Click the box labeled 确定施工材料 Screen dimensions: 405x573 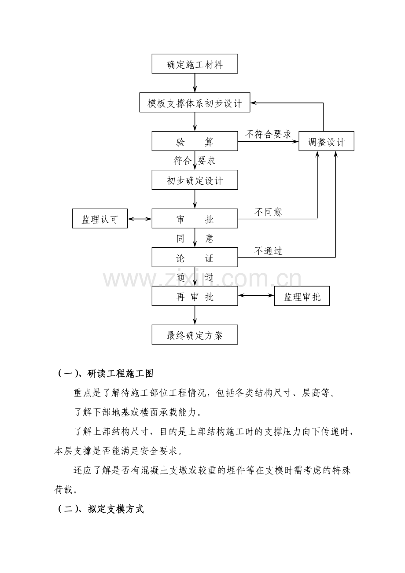(195, 64)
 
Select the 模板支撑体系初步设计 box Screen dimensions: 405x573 (195, 102)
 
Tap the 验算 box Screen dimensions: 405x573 (195, 141)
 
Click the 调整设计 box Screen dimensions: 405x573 (326, 141)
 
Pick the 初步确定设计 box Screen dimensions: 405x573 (195, 180)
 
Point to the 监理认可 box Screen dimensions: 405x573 (100, 219)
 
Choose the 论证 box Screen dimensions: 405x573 (195, 257)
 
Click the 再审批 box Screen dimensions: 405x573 (195, 296)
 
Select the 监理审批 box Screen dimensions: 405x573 (302, 296)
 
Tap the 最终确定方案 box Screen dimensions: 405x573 (195, 335)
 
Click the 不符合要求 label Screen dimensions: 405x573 (268, 134)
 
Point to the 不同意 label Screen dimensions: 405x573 (268, 212)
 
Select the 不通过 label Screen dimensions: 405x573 (268, 251)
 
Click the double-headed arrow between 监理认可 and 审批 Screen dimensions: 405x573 (140, 219)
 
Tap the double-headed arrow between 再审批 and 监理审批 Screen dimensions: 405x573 (256, 295)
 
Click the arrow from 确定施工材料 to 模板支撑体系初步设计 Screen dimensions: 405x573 (195, 83)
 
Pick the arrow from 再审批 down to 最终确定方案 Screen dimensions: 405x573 (195, 316)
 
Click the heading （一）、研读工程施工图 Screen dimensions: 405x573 (105, 374)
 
